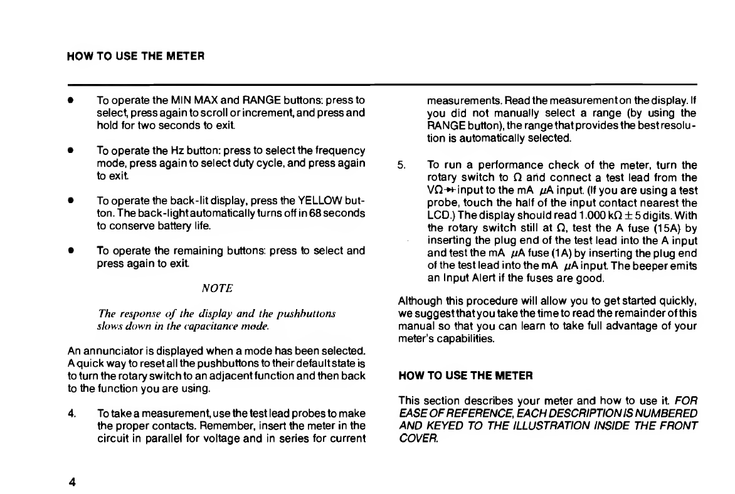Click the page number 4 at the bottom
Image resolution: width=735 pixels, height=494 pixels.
point(73,482)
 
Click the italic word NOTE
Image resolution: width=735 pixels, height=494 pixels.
point(218,288)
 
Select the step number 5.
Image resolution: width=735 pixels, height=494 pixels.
point(401,166)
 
